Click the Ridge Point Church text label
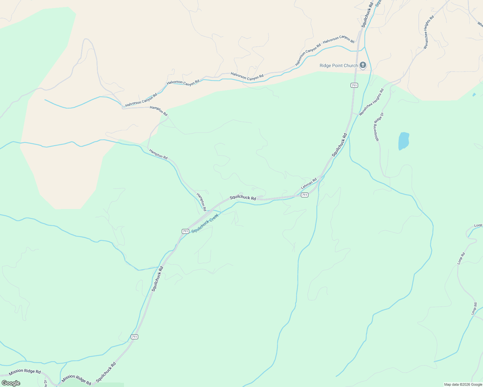pyautogui.click(x=338, y=65)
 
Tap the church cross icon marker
pyautogui.click(x=363, y=65)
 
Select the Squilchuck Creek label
pyautogui.click(x=205, y=223)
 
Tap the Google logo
pyautogui.click(x=11, y=383)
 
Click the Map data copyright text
pyautogui.click(x=463, y=384)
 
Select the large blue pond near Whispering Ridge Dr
pyautogui.click(x=404, y=141)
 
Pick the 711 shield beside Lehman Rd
pyautogui.click(x=304, y=195)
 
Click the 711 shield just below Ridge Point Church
pyautogui.click(x=354, y=85)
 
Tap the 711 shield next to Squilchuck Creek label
pyautogui.click(x=185, y=231)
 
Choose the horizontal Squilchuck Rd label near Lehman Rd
pyautogui.click(x=243, y=198)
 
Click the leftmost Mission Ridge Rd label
pyautogui.click(x=25, y=372)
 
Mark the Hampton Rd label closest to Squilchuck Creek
pyautogui.click(x=201, y=202)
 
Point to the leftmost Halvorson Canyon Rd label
pyautogui.click(x=141, y=100)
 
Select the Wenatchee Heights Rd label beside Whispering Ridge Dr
pyautogui.click(x=371, y=102)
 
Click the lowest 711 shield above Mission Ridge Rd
pyautogui.click(x=134, y=337)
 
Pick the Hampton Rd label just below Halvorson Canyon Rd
pyautogui.click(x=159, y=111)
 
